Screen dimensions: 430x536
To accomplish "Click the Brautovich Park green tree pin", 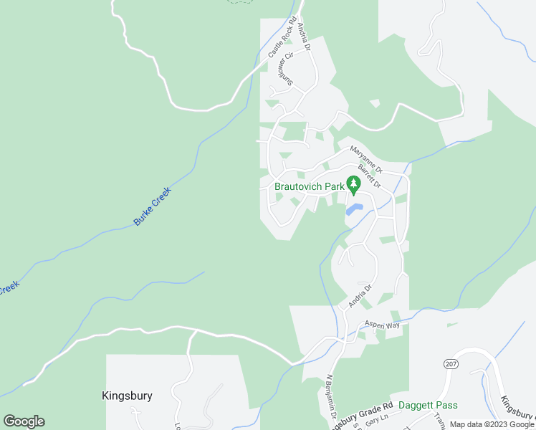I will (x=353, y=184).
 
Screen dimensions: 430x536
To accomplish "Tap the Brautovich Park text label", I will (x=310, y=187).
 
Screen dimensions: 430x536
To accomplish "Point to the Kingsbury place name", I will (x=127, y=396).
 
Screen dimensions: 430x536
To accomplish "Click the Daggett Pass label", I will (x=427, y=406).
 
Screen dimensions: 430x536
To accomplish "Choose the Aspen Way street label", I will (x=383, y=325).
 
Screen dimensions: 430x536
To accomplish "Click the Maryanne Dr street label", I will (x=366, y=159).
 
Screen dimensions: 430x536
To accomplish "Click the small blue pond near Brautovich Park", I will (x=354, y=209).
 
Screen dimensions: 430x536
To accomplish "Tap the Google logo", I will (x=24, y=421).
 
